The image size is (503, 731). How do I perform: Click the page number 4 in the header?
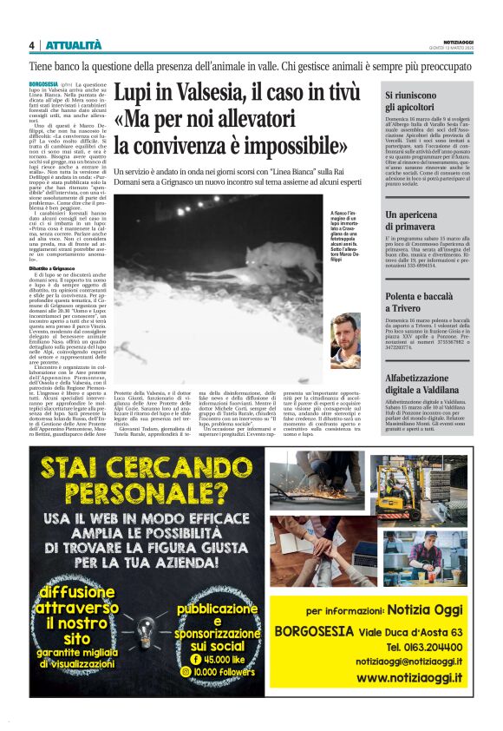(x=32, y=45)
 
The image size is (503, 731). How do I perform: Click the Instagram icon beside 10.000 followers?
(x=184, y=671)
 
